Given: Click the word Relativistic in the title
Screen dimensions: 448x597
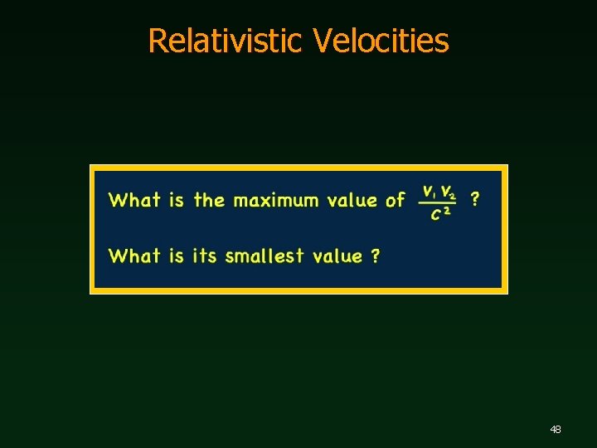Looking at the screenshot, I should (x=224, y=41).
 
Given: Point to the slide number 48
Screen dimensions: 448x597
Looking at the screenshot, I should (x=556, y=430).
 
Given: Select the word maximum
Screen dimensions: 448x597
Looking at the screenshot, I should (x=276, y=200).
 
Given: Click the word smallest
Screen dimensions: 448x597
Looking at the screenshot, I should (x=265, y=256).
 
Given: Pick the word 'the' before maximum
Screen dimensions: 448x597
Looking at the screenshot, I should (x=209, y=200).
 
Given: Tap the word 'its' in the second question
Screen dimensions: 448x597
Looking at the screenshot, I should (x=204, y=256).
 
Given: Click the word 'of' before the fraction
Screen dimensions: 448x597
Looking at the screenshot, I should (x=396, y=200).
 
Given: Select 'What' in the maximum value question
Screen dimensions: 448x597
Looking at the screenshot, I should (x=134, y=200).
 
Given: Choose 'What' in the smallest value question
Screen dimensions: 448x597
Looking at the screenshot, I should (x=134, y=256).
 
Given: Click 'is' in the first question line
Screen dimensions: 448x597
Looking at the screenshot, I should (x=176, y=200).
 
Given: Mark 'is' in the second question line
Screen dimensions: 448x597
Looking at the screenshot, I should (x=176, y=256).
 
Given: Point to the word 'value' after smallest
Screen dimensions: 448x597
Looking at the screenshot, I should (x=337, y=256).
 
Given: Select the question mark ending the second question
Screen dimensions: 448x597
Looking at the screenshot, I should (x=376, y=256).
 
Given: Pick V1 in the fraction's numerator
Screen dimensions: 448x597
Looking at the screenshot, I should (x=429, y=192).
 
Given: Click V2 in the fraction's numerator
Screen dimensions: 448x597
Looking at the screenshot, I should (x=448, y=192).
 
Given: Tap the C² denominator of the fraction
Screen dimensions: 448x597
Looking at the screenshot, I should (x=440, y=214).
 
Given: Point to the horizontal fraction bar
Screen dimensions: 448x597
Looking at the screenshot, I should (x=438, y=202).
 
